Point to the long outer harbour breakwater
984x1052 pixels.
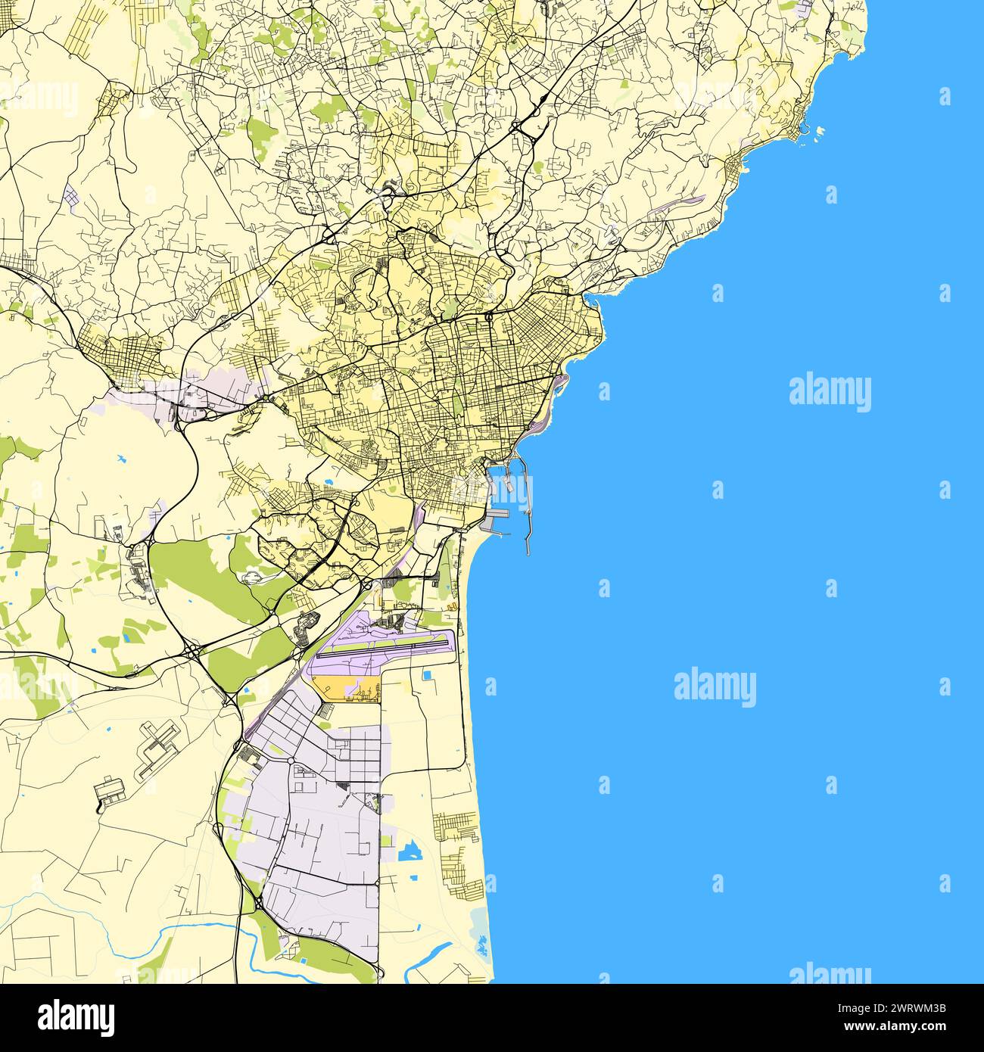click(528, 515)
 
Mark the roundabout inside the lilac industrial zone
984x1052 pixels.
click(291, 760)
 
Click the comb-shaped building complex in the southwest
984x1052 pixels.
click(157, 749)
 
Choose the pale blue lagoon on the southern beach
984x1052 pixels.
click(479, 923)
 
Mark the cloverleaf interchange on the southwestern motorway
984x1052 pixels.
click(194, 649)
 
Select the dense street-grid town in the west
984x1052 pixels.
click(125, 356)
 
